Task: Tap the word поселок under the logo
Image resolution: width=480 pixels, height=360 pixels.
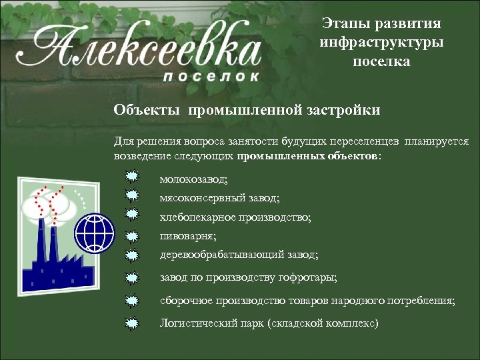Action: (x=211, y=76)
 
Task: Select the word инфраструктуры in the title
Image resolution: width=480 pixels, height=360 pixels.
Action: (x=381, y=43)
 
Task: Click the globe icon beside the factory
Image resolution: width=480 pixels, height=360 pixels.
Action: (x=95, y=231)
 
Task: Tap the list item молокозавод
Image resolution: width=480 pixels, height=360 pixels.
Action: (x=193, y=180)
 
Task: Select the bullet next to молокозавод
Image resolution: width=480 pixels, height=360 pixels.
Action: (x=133, y=177)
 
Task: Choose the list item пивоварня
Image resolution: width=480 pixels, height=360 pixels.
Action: (x=188, y=236)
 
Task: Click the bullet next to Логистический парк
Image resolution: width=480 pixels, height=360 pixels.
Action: (x=133, y=323)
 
